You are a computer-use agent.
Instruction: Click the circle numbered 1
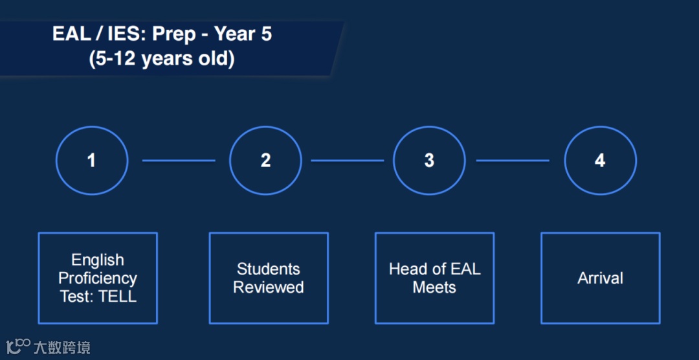pyautogui.click(x=92, y=127)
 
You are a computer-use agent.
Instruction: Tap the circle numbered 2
pyautogui.click(x=265, y=127)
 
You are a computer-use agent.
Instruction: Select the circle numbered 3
pyautogui.click(x=429, y=127)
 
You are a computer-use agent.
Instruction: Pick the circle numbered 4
pyautogui.click(x=601, y=127)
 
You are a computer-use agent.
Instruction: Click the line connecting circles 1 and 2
pyautogui.click(x=179, y=161)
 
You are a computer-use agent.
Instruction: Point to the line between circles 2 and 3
pyautogui.click(x=348, y=161)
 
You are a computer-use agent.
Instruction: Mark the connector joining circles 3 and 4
pyautogui.click(x=513, y=161)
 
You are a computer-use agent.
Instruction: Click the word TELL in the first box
pyautogui.click(x=117, y=297)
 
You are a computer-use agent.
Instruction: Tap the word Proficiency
pyautogui.click(x=98, y=278)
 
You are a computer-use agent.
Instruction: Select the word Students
pyautogui.click(x=269, y=269)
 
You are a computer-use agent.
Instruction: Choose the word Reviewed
pyautogui.click(x=269, y=287)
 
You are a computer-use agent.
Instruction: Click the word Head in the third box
pyautogui.click(x=405, y=269)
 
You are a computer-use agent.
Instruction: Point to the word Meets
pyautogui.click(x=435, y=287)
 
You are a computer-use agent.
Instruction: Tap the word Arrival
pyautogui.click(x=601, y=278)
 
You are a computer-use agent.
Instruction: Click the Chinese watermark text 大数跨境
pyautogui.click(x=62, y=347)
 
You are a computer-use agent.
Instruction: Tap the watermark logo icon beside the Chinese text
pyautogui.click(x=18, y=346)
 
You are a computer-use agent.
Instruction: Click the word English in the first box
pyautogui.click(x=98, y=260)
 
